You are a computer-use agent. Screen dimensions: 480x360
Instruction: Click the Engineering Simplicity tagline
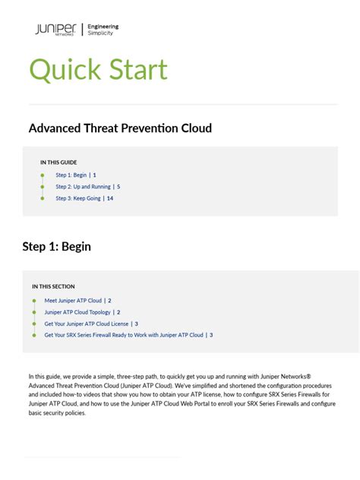coord(103,30)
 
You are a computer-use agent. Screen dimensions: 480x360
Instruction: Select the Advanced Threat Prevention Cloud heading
coord(120,128)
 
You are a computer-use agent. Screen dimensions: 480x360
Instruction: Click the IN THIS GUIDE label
coord(58,163)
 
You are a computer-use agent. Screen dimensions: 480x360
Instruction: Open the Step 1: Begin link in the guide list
coord(72,175)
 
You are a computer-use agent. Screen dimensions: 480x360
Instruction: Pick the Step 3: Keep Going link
coord(79,198)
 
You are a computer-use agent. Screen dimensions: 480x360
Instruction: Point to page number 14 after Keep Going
coord(110,198)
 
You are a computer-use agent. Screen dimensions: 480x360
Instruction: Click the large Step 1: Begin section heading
coord(57,246)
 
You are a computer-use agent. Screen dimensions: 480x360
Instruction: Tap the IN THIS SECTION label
coord(53,286)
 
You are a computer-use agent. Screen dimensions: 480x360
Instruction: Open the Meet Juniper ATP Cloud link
coord(73,301)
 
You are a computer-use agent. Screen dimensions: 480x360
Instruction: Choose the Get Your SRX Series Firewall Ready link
coord(124,335)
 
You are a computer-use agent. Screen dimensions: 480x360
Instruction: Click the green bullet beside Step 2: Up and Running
coord(43,186)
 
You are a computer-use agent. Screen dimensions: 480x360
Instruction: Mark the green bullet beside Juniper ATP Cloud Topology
coord(34,312)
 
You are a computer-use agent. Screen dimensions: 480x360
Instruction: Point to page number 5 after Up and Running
coord(118,186)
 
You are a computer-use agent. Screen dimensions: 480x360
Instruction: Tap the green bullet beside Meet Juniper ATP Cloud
coord(34,301)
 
